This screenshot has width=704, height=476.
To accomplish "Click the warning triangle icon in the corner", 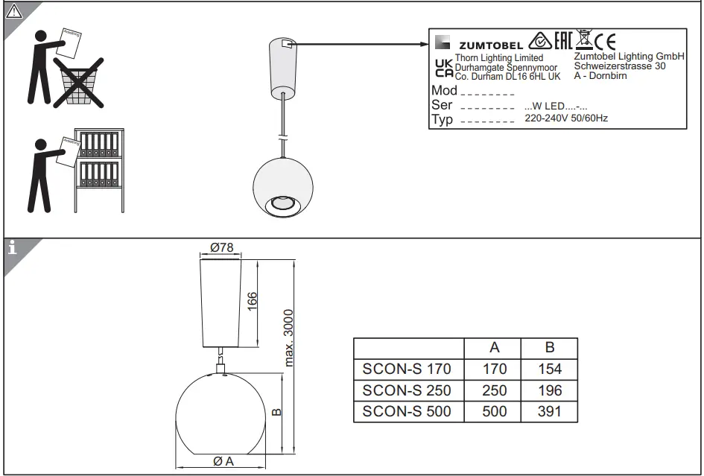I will coord(13,12).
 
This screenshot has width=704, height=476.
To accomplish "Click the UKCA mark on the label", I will coord(443,68).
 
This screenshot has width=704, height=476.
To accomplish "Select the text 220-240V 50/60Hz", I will coord(566,118).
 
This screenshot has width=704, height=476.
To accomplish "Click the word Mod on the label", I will coord(445,91).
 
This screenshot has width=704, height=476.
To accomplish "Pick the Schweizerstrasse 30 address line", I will coord(620,66).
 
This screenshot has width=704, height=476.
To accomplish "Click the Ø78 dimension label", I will coord(221,247).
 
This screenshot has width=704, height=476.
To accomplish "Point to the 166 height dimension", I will coord(253,302).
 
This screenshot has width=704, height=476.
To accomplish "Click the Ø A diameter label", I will coord(223,461).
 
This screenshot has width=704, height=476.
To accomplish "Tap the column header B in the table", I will coord(549,347).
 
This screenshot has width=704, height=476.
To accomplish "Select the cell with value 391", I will coord(549,411).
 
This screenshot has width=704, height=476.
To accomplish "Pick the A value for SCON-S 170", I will coord(494,369).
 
